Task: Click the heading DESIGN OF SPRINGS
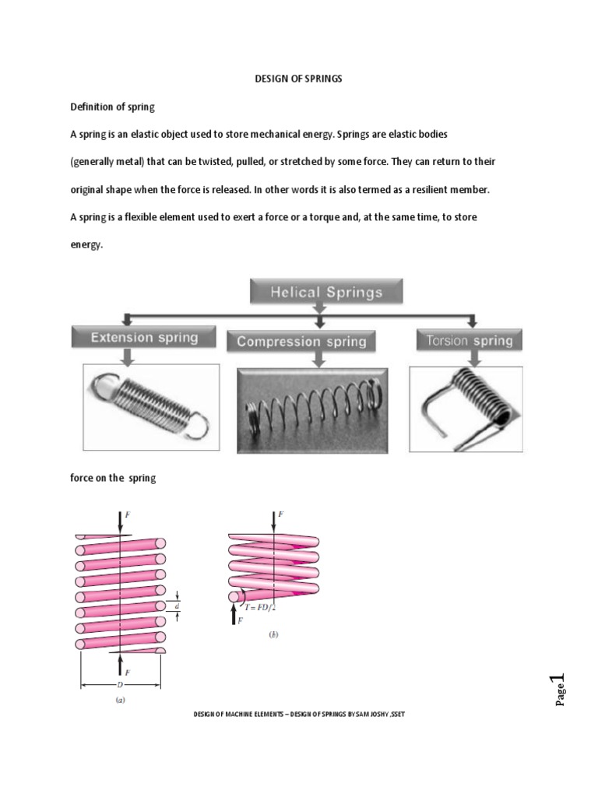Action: pyautogui.click(x=299, y=79)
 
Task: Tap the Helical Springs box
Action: pyautogui.click(x=326, y=293)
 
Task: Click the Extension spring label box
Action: pyautogui.click(x=144, y=338)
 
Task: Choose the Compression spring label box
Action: pyautogui.click(x=301, y=341)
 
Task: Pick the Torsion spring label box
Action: pyautogui.click(x=470, y=340)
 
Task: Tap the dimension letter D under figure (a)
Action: pyautogui.click(x=121, y=685)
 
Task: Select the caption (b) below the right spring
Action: pyautogui.click(x=273, y=634)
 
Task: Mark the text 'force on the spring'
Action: pyautogui.click(x=113, y=478)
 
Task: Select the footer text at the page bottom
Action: pyautogui.click(x=299, y=714)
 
